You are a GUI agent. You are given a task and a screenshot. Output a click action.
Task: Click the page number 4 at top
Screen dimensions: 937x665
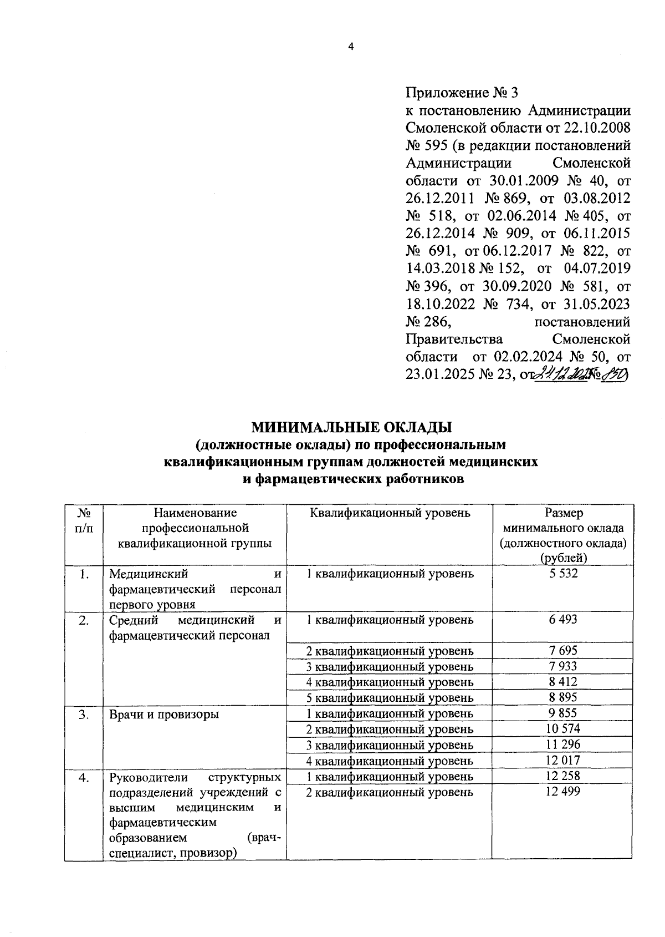click(350, 47)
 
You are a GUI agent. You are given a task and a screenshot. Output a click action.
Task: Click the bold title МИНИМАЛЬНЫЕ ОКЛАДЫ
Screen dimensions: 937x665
click(352, 427)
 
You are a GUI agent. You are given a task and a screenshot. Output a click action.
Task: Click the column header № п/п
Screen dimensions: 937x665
click(84, 520)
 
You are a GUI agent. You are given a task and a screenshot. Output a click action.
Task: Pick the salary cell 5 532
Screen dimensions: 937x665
click(563, 574)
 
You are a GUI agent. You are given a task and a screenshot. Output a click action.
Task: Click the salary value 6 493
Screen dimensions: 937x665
click(563, 620)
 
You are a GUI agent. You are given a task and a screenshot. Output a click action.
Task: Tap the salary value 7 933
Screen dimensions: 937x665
click(563, 666)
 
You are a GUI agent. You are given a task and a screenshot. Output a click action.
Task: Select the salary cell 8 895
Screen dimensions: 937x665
click(563, 697)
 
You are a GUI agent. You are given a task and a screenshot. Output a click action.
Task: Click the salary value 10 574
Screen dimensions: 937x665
click(563, 728)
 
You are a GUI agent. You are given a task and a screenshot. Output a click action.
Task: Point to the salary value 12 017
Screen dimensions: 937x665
click(563, 760)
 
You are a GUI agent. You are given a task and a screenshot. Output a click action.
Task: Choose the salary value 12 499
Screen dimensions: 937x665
click(563, 792)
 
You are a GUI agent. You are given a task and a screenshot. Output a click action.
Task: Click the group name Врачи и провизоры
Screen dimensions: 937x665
click(164, 714)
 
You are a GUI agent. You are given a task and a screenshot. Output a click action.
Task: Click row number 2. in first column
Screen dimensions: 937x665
click(84, 621)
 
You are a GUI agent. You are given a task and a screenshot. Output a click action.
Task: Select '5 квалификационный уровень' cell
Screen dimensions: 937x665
click(390, 697)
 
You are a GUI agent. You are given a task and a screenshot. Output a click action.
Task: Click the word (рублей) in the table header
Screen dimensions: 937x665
click(563, 558)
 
